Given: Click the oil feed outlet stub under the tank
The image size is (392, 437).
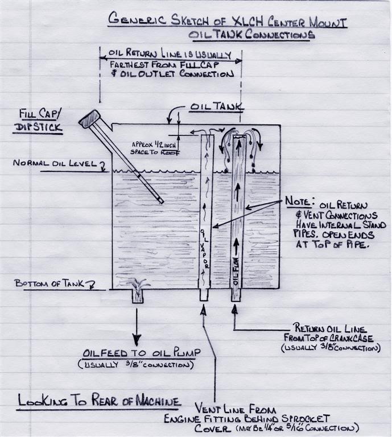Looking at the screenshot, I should pyautogui.click(x=138, y=296).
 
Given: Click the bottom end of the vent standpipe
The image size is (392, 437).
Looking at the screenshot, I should pyautogui.click(x=204, y=296).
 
